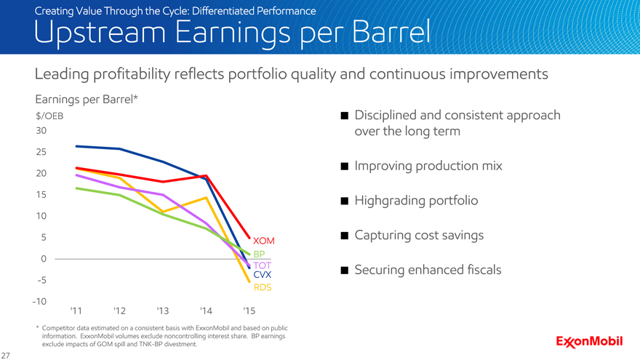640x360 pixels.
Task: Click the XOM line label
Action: tap(263, 241)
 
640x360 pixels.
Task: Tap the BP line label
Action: tap(260, 253)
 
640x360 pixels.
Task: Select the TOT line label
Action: tap(262, 265)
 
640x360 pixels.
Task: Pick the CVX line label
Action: tap(263, 276)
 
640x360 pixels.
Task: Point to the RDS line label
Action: tap(263, 288)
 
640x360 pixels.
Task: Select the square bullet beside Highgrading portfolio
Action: tap(345, 201)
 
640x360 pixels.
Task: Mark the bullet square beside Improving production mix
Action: tap(345, 167)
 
